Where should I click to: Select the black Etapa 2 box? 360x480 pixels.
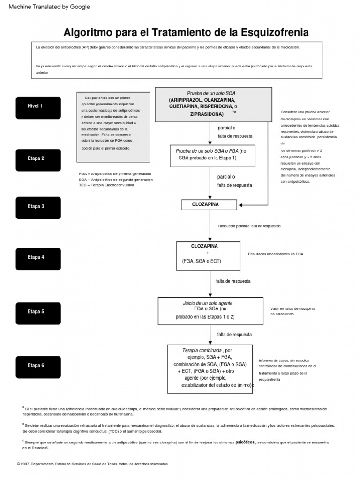pos(38,159)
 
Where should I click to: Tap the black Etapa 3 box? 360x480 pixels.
pos(38,207)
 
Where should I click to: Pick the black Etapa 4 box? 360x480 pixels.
pos(38,258)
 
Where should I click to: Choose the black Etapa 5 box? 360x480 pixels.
pos(38,312)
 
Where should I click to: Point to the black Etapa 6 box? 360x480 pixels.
pos(38,366)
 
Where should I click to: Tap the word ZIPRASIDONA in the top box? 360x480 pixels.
pos(207,114)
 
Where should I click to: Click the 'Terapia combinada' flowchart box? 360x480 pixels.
pos(210,368)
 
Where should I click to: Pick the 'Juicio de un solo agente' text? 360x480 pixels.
pos(207,303)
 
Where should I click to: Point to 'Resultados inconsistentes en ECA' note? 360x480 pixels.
pos(276,254)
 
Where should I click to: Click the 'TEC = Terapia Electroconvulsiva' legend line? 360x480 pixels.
pos(106,185)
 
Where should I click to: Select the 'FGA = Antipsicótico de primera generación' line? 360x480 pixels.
pos(115,174)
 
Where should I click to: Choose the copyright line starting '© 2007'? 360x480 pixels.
pos(92,464)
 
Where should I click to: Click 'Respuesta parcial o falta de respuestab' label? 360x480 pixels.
pos(249,226)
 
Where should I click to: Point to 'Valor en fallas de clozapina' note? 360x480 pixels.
pos(292,308)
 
